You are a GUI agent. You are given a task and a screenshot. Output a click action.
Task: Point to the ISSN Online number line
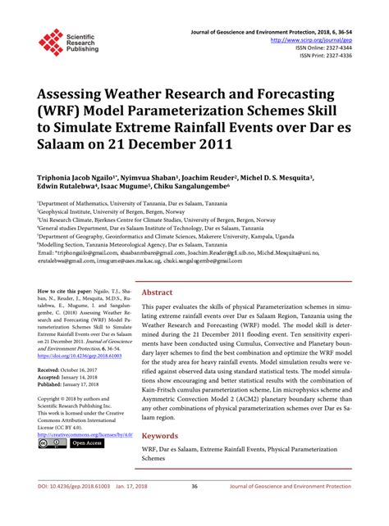coord(338,47)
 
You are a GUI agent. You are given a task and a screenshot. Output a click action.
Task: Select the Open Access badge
coord(85,443)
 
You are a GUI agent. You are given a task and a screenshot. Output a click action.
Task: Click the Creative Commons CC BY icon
coord(52,443)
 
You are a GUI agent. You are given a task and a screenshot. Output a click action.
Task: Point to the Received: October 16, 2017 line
coord(75,370)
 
